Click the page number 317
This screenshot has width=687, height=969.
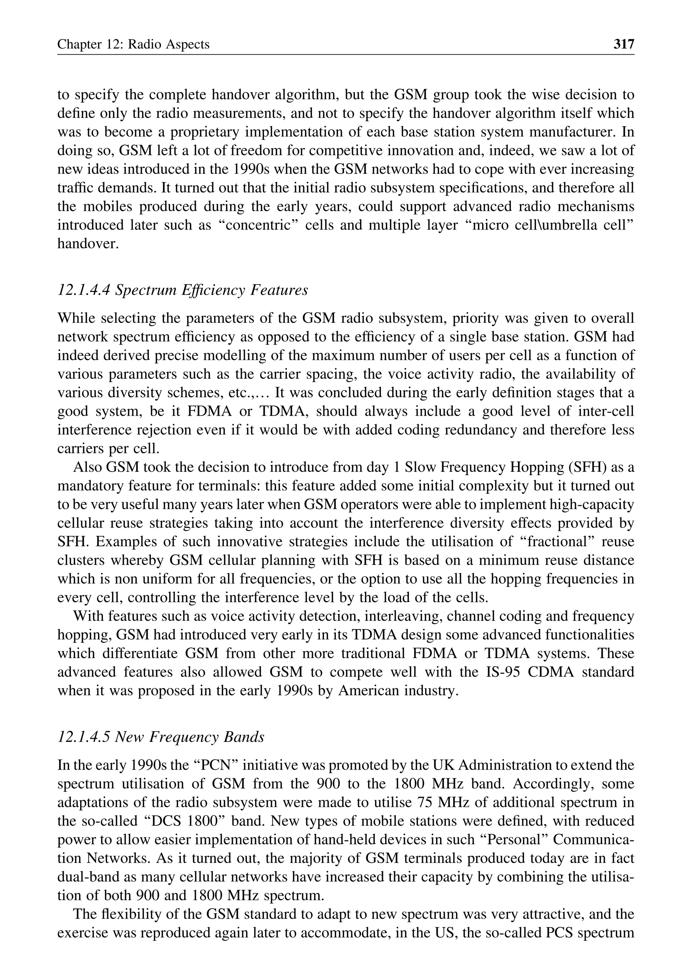point(624,44)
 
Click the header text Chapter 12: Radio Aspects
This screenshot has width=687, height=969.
point(133,44)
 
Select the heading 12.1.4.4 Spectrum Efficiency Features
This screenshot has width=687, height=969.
point(182,290)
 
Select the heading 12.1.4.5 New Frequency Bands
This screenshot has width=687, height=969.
point(160,737)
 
